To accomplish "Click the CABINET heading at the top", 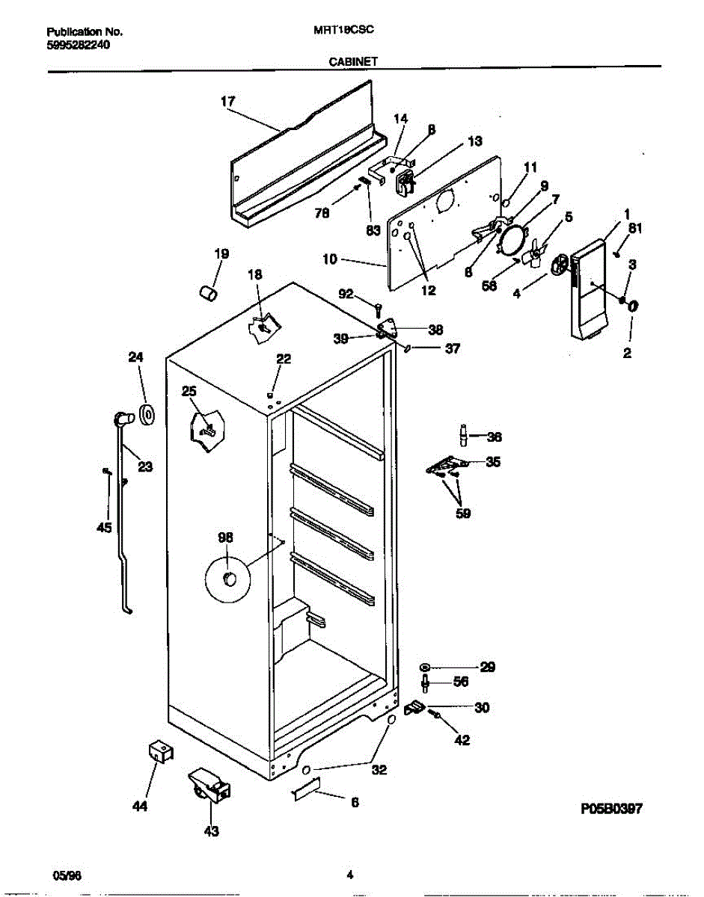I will tap(353, 64).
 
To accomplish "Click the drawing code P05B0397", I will tap(611, 809).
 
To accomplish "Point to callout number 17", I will tap(228, 101).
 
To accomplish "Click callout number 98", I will tap(225, 537).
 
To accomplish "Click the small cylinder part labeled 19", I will tap(207, 292).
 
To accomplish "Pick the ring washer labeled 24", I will tap(147, 414).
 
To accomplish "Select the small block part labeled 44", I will tap(159, 750).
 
